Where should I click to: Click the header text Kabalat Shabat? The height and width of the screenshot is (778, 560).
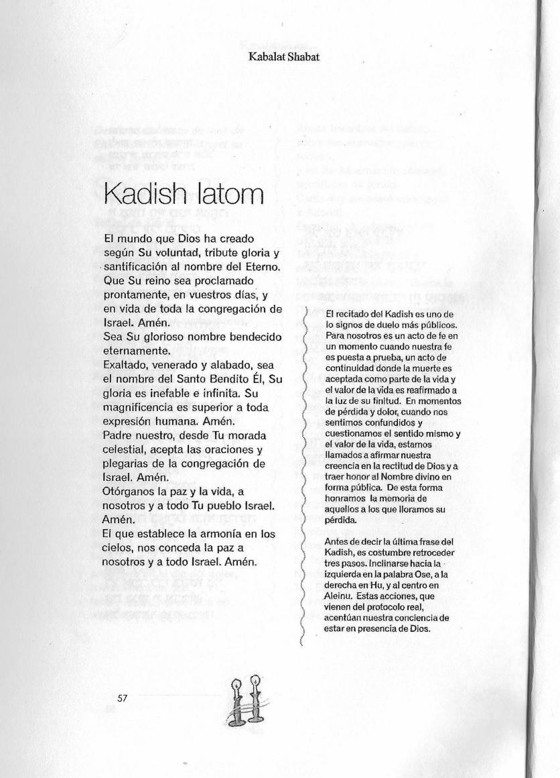point(283,57)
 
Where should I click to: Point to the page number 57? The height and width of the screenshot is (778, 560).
point(122,698)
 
